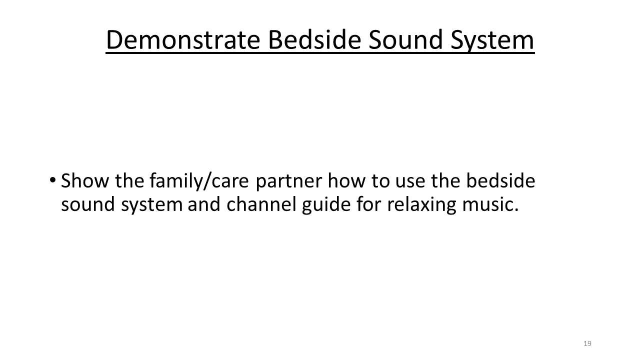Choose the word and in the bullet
pos(204,204)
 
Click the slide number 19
pos(587,343)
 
